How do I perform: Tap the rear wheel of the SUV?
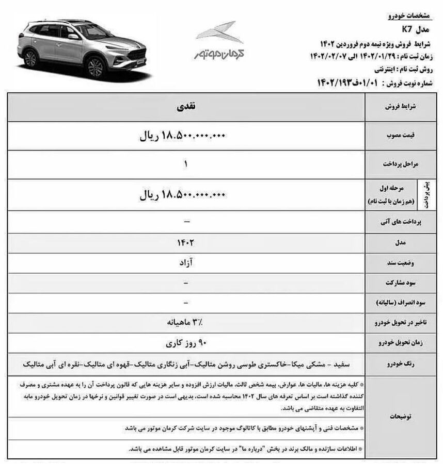coord(31,59)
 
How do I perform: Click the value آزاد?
coord(186,262)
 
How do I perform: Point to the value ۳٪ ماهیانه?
coord(186,323)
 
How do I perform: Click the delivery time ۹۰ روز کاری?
coord(186,342)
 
